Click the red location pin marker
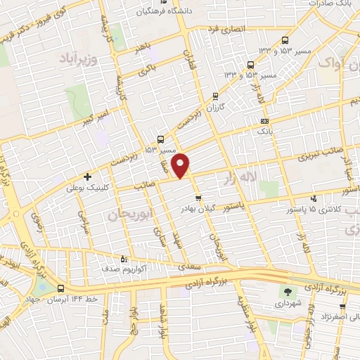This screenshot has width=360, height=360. [181, 165]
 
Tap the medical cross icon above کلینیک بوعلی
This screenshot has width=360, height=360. [88, 176]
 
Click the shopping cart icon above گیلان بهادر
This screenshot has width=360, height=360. [199, 198]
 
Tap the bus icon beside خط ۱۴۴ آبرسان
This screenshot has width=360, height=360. [60, 288]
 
